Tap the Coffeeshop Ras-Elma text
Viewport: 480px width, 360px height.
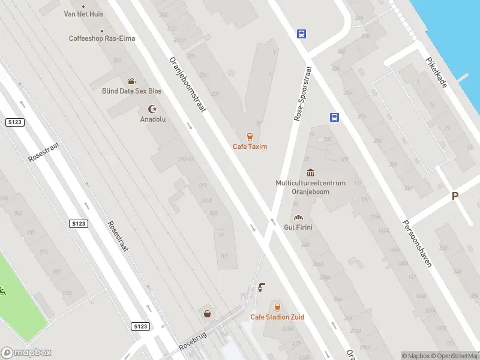(x=102, y=38)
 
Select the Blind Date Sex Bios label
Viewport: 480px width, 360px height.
(x=131, y=91)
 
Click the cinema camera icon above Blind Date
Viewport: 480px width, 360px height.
(x=131, y=81)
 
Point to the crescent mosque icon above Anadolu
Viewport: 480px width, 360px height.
(x=152, y=109)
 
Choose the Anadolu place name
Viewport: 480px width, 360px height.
(x=152, y=119)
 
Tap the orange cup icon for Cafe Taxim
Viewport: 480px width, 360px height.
(x=250, y=136)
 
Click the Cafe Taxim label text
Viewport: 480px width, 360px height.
(x=250, y=146)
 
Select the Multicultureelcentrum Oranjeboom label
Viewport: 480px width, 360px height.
(x=310, y=187)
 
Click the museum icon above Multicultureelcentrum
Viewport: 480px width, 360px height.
(x=310, y=173)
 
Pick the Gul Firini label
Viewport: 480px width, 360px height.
(x=298, y=227)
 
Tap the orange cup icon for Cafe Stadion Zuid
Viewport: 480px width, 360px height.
(x=277, y=307)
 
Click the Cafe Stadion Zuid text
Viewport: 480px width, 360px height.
(x=277, y=317)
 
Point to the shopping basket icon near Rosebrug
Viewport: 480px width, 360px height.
(x=207, y=313)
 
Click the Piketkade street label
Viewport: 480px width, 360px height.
(x=436, y=73)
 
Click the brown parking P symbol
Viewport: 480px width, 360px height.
(x=455, y=196)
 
